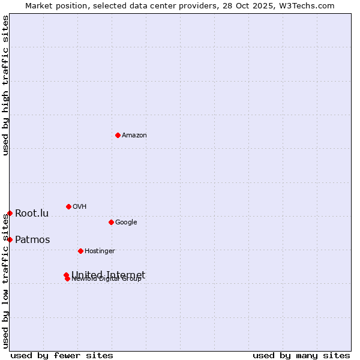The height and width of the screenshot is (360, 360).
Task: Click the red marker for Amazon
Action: click(x=118, y=135)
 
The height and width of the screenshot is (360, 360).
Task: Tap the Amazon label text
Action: click(x=134, y=136)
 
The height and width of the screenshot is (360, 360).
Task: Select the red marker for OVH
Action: click(x=68, y=206)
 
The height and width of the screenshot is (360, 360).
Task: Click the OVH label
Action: click(x=80, y=207)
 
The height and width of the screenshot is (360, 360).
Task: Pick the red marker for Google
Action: click(x=111, y=222)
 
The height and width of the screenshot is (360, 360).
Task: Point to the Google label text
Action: click(x=126, y=223)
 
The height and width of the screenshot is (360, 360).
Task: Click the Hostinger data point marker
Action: click(x=80, y=251)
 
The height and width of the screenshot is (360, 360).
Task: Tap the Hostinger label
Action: click(x=100, y=251)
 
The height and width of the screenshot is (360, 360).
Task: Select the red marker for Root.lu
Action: click(x=10, y=213)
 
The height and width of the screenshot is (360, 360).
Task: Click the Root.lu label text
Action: click(x=32, y=214)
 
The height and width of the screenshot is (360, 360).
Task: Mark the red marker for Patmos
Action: click(x=10, y=239)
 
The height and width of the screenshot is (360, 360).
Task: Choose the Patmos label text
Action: click(x=32, y=240)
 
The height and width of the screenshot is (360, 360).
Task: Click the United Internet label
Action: click(x=109, y=275)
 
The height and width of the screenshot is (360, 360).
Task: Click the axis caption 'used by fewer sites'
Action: click(x=62, y=355)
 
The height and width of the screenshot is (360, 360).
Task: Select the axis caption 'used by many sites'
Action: click(x=301, y=355)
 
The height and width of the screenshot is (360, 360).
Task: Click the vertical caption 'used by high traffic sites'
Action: click(x=6, y=86)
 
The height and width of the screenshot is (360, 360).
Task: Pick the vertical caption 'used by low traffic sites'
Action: click(x=6, y=281)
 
